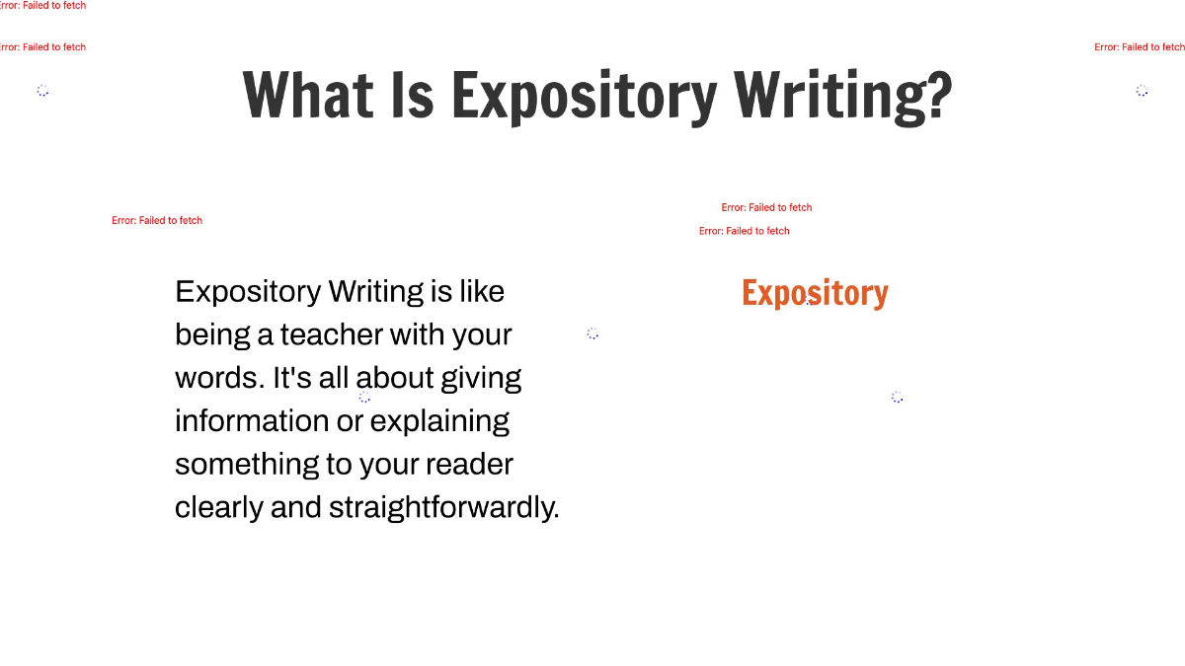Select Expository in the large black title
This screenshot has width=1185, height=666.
584,96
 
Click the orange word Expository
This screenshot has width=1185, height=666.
815,293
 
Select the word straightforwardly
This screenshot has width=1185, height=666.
443,507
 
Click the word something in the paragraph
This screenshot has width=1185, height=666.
233,464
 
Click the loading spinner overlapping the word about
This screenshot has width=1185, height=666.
364,397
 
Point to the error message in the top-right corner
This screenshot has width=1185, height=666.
1139,47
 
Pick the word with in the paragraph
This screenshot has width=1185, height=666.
417,334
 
